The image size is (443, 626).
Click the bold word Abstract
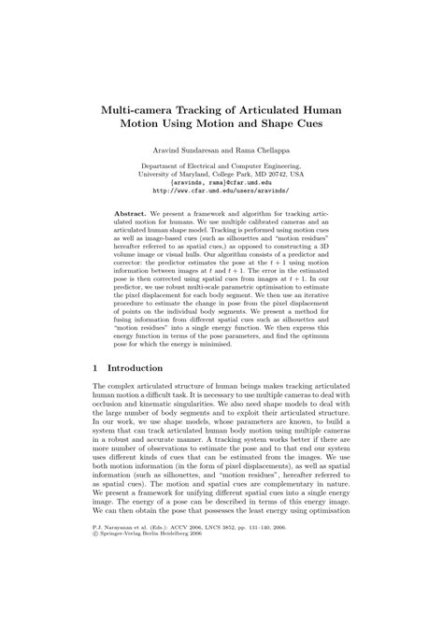point(131,214)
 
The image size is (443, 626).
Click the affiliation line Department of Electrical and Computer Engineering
point(221,164)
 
